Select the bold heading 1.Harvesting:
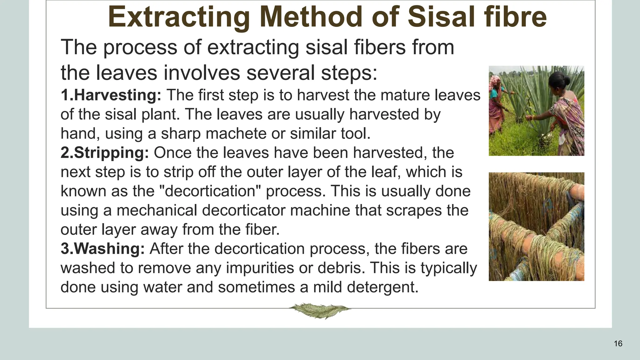(x=111, y=95)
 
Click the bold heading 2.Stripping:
(x=105, y=153)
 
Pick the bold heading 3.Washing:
(x=102, y=249)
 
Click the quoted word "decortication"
(x=212, y=191)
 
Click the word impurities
(x=260, y=268)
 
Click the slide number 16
(x=618, y=344)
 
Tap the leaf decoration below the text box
(x=319, y=310)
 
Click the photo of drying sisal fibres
(x=536, y=227)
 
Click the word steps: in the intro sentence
(x=349, y=73)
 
